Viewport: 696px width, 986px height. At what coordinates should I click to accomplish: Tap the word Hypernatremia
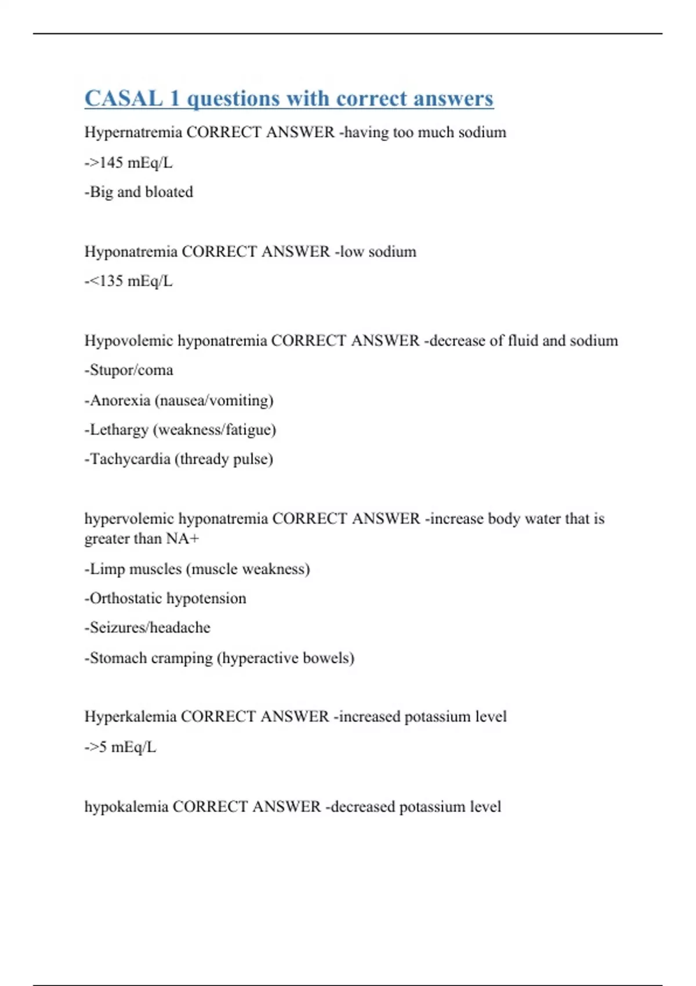(133, 132)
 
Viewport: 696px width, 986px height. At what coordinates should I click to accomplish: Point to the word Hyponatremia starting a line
(130, 252)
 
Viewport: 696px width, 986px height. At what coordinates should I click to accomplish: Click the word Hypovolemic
(128, 340)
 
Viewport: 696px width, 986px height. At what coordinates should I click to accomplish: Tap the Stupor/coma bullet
(129, 370)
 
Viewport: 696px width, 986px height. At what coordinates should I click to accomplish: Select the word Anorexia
(120, 400)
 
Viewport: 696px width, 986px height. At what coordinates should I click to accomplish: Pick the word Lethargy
(119, 430)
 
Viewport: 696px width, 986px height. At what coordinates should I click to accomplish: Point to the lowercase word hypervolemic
(129, 519)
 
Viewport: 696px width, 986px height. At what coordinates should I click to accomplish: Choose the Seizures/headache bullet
(147, 628)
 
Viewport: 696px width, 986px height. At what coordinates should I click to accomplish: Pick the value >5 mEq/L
(121, 747)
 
